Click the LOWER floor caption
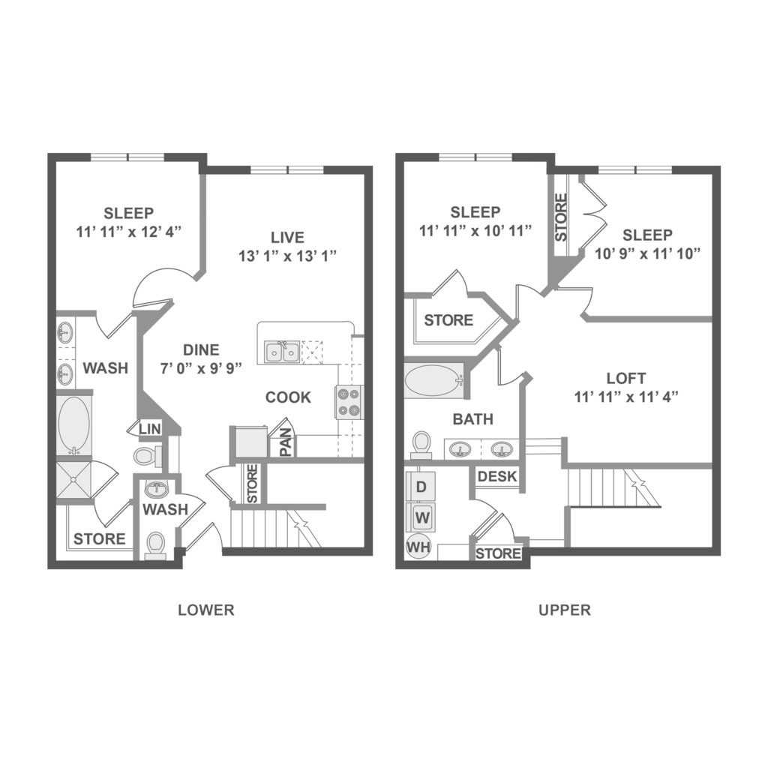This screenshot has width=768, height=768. point(206,610)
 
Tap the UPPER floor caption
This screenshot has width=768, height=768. point(565,610)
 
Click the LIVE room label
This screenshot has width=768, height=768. point(287,238)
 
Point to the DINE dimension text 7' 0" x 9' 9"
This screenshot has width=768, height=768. point(201,368)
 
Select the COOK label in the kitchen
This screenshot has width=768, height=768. point(288,397)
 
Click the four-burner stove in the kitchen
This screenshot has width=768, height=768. point(349,402)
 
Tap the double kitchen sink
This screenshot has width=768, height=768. point(282,352)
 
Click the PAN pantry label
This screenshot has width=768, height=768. point(286,442)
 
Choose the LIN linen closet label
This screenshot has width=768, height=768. point(150,429)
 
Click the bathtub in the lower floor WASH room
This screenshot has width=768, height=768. point(74,424)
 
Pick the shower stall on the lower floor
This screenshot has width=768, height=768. point(73,480)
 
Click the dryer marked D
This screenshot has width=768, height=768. point(421,486)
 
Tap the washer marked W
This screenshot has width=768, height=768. point(421,517)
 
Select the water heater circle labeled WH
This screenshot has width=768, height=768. point(418,547)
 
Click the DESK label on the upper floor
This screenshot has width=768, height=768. point(497,476)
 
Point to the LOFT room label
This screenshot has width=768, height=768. point(626,378)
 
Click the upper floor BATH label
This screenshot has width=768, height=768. point(472,419)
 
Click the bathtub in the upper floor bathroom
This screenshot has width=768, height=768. point(434,380)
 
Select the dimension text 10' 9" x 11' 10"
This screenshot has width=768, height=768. point(647,253)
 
